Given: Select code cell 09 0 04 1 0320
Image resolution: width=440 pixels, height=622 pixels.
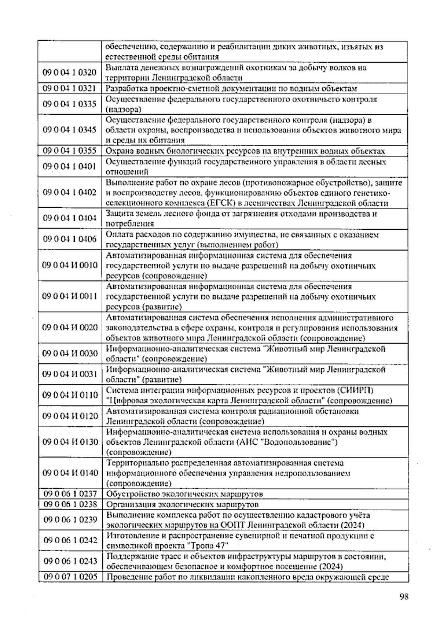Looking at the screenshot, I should coord(70,73).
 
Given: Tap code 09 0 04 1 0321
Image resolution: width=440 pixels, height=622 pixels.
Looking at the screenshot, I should coord(70,88).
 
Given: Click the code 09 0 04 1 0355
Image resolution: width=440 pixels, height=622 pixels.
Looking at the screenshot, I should coord(70,151).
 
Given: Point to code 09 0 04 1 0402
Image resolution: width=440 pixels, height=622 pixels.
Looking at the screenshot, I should coord(70,193).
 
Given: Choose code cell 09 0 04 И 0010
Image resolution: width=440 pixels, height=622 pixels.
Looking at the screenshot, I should coord(70,266).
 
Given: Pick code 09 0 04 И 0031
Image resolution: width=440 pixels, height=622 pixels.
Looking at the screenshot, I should coord(70,374).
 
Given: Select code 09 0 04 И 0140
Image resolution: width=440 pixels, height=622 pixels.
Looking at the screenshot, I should coord(70,473).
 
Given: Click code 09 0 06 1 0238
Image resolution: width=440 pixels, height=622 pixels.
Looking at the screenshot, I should coord(70,504).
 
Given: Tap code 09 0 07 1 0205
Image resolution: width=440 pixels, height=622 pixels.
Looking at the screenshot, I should coord(70,577).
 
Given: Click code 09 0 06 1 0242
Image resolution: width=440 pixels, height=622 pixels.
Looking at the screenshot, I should coord(70,541).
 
